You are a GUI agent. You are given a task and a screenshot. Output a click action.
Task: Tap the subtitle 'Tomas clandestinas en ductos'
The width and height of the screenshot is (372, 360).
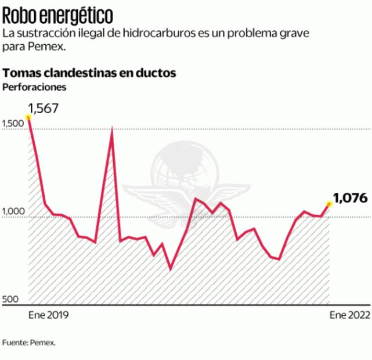(89, 74)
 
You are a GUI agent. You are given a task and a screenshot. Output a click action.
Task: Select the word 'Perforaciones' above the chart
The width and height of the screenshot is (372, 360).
(35, 87)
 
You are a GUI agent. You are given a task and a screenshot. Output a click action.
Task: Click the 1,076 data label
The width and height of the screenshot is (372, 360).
(351, 198)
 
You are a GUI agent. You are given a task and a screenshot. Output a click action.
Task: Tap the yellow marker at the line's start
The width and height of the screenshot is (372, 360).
(28, 117)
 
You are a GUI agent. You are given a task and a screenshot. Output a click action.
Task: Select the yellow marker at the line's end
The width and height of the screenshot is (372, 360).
(329, 204)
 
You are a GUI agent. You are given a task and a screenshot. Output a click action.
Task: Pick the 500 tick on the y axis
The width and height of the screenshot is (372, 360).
(10, 300)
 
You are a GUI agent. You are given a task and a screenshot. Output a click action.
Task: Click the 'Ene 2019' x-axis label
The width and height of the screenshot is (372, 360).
(49, 315)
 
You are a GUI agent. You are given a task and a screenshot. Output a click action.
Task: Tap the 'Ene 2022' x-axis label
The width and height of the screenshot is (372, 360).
(349, 315)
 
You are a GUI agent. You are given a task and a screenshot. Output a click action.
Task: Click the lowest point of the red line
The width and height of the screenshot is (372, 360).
(170, 269)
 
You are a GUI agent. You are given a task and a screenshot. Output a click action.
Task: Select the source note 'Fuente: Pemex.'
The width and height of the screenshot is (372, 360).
(29, 343)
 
